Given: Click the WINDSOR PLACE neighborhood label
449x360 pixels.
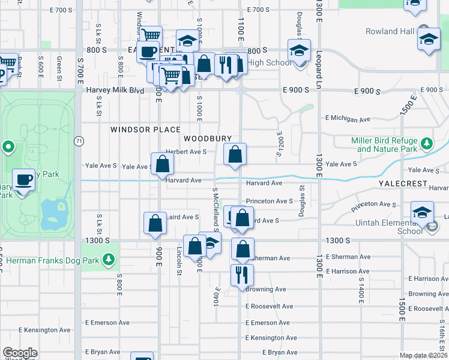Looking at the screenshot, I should (145, 130).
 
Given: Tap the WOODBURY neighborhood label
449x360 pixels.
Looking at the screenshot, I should (207, 139).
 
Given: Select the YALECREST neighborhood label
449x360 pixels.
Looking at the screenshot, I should (402, 183).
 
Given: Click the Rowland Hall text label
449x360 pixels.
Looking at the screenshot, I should (390, 31).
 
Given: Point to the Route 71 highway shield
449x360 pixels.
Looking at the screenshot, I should (79, 141).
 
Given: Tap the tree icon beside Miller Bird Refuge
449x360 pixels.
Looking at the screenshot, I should (426, 144).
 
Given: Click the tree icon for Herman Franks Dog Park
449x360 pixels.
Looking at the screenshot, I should (109, 259).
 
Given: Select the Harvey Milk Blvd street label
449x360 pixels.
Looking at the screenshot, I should (115, 90).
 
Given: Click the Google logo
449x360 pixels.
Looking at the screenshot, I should (20, 353).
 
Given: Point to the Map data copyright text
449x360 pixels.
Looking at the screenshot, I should (424, 355).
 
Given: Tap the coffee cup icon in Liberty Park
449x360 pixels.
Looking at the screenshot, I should (24, 180).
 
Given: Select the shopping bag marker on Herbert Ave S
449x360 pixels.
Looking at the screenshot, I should (235, 154).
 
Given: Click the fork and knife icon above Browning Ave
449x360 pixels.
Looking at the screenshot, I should (242, 275).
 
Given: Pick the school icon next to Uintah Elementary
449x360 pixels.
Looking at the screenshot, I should (422, 212).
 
